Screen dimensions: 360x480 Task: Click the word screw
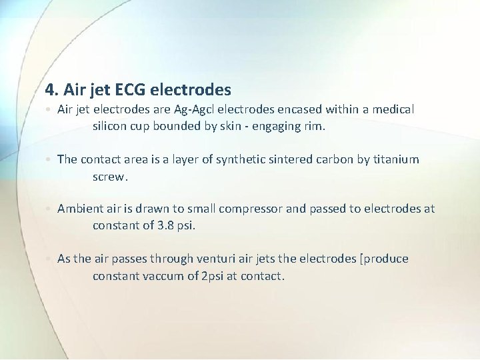(x=109, y=177)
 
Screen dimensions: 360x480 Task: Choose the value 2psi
(x=213, y=276)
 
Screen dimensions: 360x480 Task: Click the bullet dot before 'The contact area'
(x=49, y=160)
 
